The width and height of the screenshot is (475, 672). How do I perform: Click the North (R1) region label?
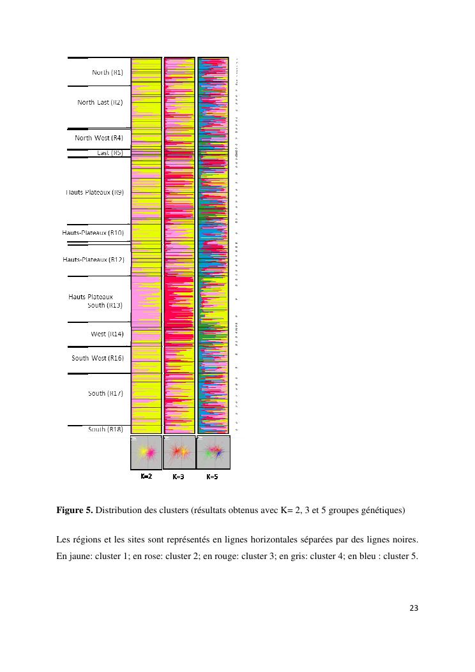[x=107, y=73]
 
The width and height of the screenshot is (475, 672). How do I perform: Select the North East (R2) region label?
[x=100, y=102]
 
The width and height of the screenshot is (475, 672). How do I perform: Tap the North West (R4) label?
[x=98, y=138]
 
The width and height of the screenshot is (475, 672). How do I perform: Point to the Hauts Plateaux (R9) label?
[x=94, y=192]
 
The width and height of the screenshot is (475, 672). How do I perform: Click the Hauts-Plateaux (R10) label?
[x=93, y=233]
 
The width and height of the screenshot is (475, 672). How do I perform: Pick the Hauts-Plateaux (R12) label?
[x=93, y=260]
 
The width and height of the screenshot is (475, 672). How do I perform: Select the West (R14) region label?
[x=107, y=334]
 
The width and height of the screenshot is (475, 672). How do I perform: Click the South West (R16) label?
[x=98, y=358]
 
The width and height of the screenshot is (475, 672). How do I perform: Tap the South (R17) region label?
[x=106, y=393]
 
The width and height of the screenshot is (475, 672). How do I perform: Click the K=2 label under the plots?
[x=146, y=477]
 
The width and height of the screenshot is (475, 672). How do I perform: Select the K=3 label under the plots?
[x=179, y=477]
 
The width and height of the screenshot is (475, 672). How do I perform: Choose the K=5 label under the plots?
[x=212, y=477]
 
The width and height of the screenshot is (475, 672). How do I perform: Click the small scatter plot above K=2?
[x=146, y=452]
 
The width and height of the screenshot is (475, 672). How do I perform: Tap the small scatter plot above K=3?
[x=179, y=452]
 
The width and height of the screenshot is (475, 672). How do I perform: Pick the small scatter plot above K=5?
[x=213, y=452]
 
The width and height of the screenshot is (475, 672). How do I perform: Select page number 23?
[x=413, y=608]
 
